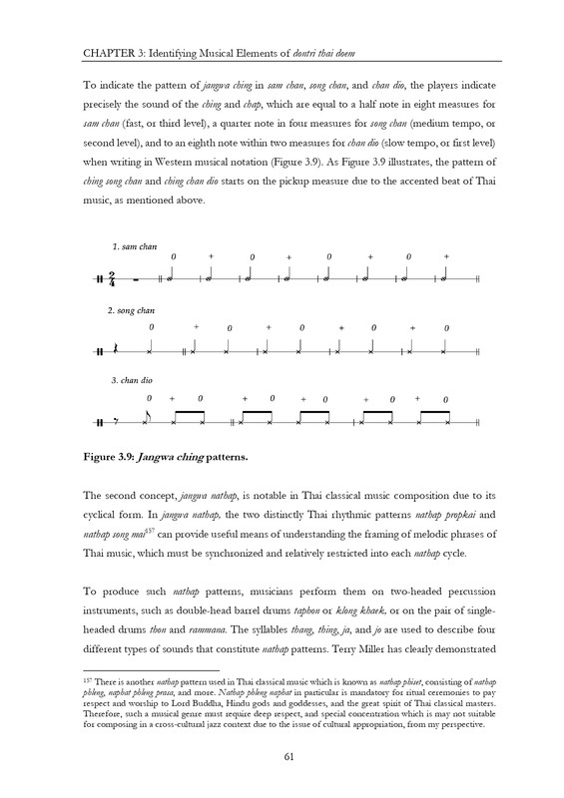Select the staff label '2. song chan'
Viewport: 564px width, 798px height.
click(x=133, y=311)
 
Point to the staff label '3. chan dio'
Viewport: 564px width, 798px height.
click(x=131, y=380)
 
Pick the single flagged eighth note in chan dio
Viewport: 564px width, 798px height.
click(x=149, y=417)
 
